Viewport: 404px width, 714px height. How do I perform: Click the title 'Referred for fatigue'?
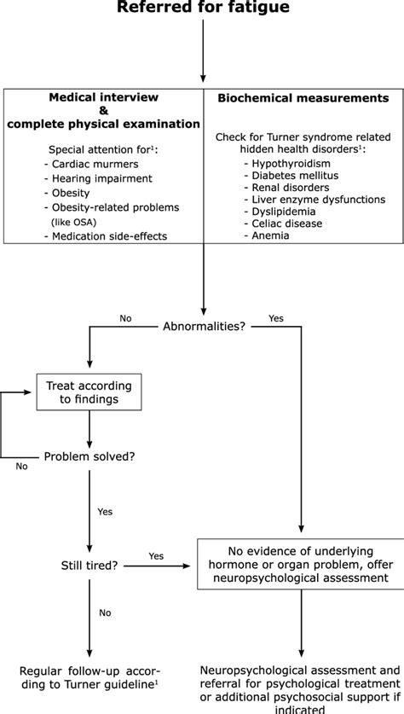[203, 7]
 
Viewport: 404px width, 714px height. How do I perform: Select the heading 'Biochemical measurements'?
[303, 98]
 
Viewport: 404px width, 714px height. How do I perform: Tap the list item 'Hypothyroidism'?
[287, 164]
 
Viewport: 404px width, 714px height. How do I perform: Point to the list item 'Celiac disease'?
[283, 223]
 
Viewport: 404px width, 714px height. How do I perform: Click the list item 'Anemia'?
[267, 235]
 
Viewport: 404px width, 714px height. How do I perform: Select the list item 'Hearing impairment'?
[98, 178]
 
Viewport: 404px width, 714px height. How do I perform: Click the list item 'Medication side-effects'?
[106, 236]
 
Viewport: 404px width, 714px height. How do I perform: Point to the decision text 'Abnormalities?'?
[204, 327]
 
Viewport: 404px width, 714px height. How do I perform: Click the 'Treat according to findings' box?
[89, 392]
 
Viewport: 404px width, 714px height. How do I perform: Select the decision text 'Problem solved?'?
[89, 456]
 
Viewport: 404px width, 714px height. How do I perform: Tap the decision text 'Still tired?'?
[89, 566]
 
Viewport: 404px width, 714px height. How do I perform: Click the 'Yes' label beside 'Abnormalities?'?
[276, 318]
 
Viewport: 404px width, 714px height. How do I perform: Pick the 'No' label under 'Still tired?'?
[105, 612]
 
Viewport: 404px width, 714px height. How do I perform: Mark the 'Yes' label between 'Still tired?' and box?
[156, 556]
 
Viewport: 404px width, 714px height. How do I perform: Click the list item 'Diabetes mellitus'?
[291, 176]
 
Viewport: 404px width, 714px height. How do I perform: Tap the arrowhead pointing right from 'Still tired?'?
[186, 566]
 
